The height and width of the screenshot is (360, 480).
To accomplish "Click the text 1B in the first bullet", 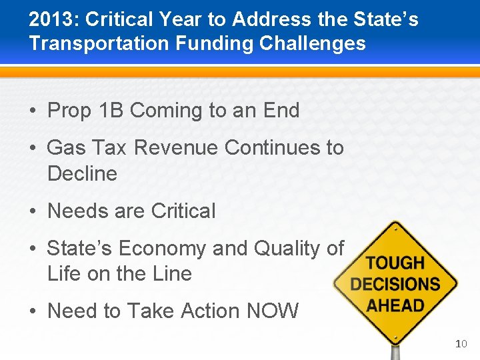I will pyautogui.click(x=107, y=111).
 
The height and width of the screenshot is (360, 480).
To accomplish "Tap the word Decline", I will pyautogui.click(x=82, y=173).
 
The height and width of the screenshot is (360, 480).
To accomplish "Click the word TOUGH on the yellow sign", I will pyautogui.click(x=395, y=263).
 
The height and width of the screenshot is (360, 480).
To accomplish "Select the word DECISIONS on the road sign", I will pyautogui.click(x=395, y=285).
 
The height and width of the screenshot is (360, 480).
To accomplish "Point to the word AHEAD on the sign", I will pyautogui.click(x=395, y=306).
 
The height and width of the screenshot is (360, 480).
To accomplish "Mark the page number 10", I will pyautogui.click(x=461, y=344).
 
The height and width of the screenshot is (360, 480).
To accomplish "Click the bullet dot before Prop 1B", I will pyautogui.click(x=33, y=111).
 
